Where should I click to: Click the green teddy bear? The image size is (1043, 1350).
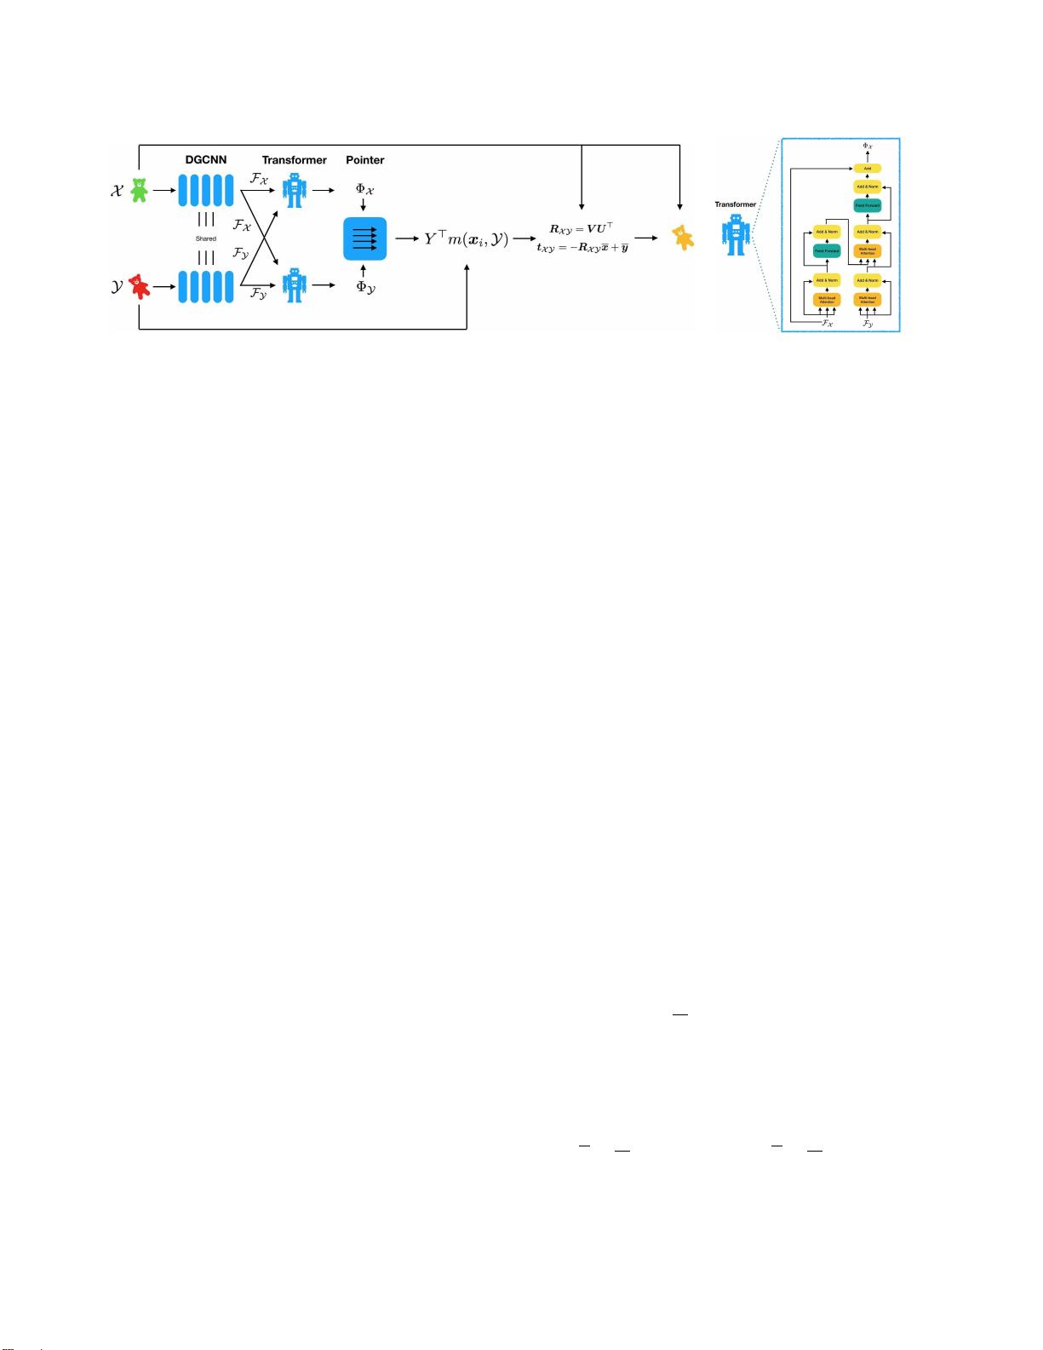[138, 190]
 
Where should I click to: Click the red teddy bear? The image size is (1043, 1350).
[139, 286]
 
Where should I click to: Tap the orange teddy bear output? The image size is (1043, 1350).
[682, 237]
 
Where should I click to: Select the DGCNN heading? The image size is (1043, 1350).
[206, 160]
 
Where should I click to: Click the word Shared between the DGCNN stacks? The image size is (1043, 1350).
[206, 238]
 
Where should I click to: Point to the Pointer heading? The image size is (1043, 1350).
[365, 160]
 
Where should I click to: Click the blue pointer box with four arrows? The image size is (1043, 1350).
[364, 238]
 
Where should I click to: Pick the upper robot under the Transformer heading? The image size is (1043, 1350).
[295, 190]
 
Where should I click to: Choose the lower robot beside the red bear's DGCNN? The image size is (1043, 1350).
[295, 285]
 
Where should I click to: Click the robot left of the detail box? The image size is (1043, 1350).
[736, 234]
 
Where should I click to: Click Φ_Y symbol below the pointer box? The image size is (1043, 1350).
[365, 288]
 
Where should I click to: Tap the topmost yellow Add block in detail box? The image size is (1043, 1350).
[868, 169]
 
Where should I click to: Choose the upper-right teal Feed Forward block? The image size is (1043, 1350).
[868, 205]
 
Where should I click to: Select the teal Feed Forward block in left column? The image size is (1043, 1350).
[827, 251]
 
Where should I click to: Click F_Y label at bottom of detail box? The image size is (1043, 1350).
[868, 325]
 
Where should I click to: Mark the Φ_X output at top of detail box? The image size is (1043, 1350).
[868, 146]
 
